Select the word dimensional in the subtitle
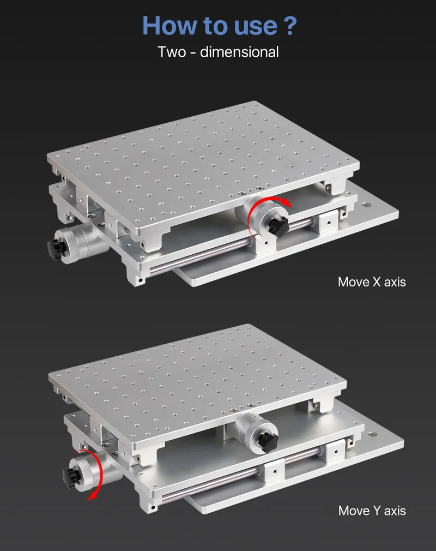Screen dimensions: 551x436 point(239,52)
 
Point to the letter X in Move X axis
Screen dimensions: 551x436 point(375,282)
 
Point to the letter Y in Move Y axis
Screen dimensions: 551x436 point(375,511)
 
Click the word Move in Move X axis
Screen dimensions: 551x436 point(353,282)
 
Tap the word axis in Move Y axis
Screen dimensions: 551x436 point(395,511)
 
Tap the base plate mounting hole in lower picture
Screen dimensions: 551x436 point(373,435)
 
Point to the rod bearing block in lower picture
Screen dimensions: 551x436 point(274,470)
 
